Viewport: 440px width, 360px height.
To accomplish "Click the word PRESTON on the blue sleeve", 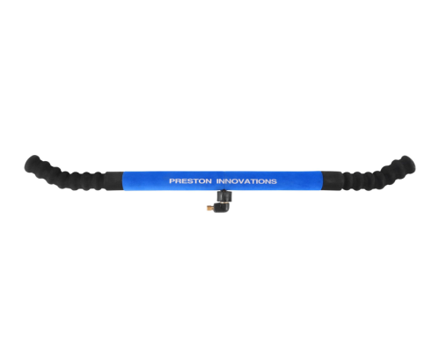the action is (190, 181).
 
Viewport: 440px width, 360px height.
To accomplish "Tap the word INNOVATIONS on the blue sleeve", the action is (246, 181).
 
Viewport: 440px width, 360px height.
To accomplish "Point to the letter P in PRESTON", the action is (172, 181).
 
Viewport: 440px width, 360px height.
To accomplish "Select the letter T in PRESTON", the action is (196, 181).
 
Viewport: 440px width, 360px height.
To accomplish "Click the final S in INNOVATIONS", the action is (274, 181).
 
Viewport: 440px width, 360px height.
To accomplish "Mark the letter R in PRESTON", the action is (178, 181).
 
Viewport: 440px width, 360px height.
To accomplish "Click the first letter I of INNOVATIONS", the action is (217, 181).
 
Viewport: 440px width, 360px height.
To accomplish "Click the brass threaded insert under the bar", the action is (209, 208).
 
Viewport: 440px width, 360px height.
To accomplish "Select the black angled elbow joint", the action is (219, 207).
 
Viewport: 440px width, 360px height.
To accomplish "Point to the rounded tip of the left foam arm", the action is (30, 162).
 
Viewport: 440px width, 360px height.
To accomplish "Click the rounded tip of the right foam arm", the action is (409, 163).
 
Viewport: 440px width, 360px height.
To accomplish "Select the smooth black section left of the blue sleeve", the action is (114, 180).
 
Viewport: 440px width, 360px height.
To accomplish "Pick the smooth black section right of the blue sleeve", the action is (332, 180).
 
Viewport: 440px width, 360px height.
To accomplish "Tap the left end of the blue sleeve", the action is (123, 181).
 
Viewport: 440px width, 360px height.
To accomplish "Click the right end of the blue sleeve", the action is (322, 181).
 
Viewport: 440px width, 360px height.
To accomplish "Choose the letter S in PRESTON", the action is (190, 181).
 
